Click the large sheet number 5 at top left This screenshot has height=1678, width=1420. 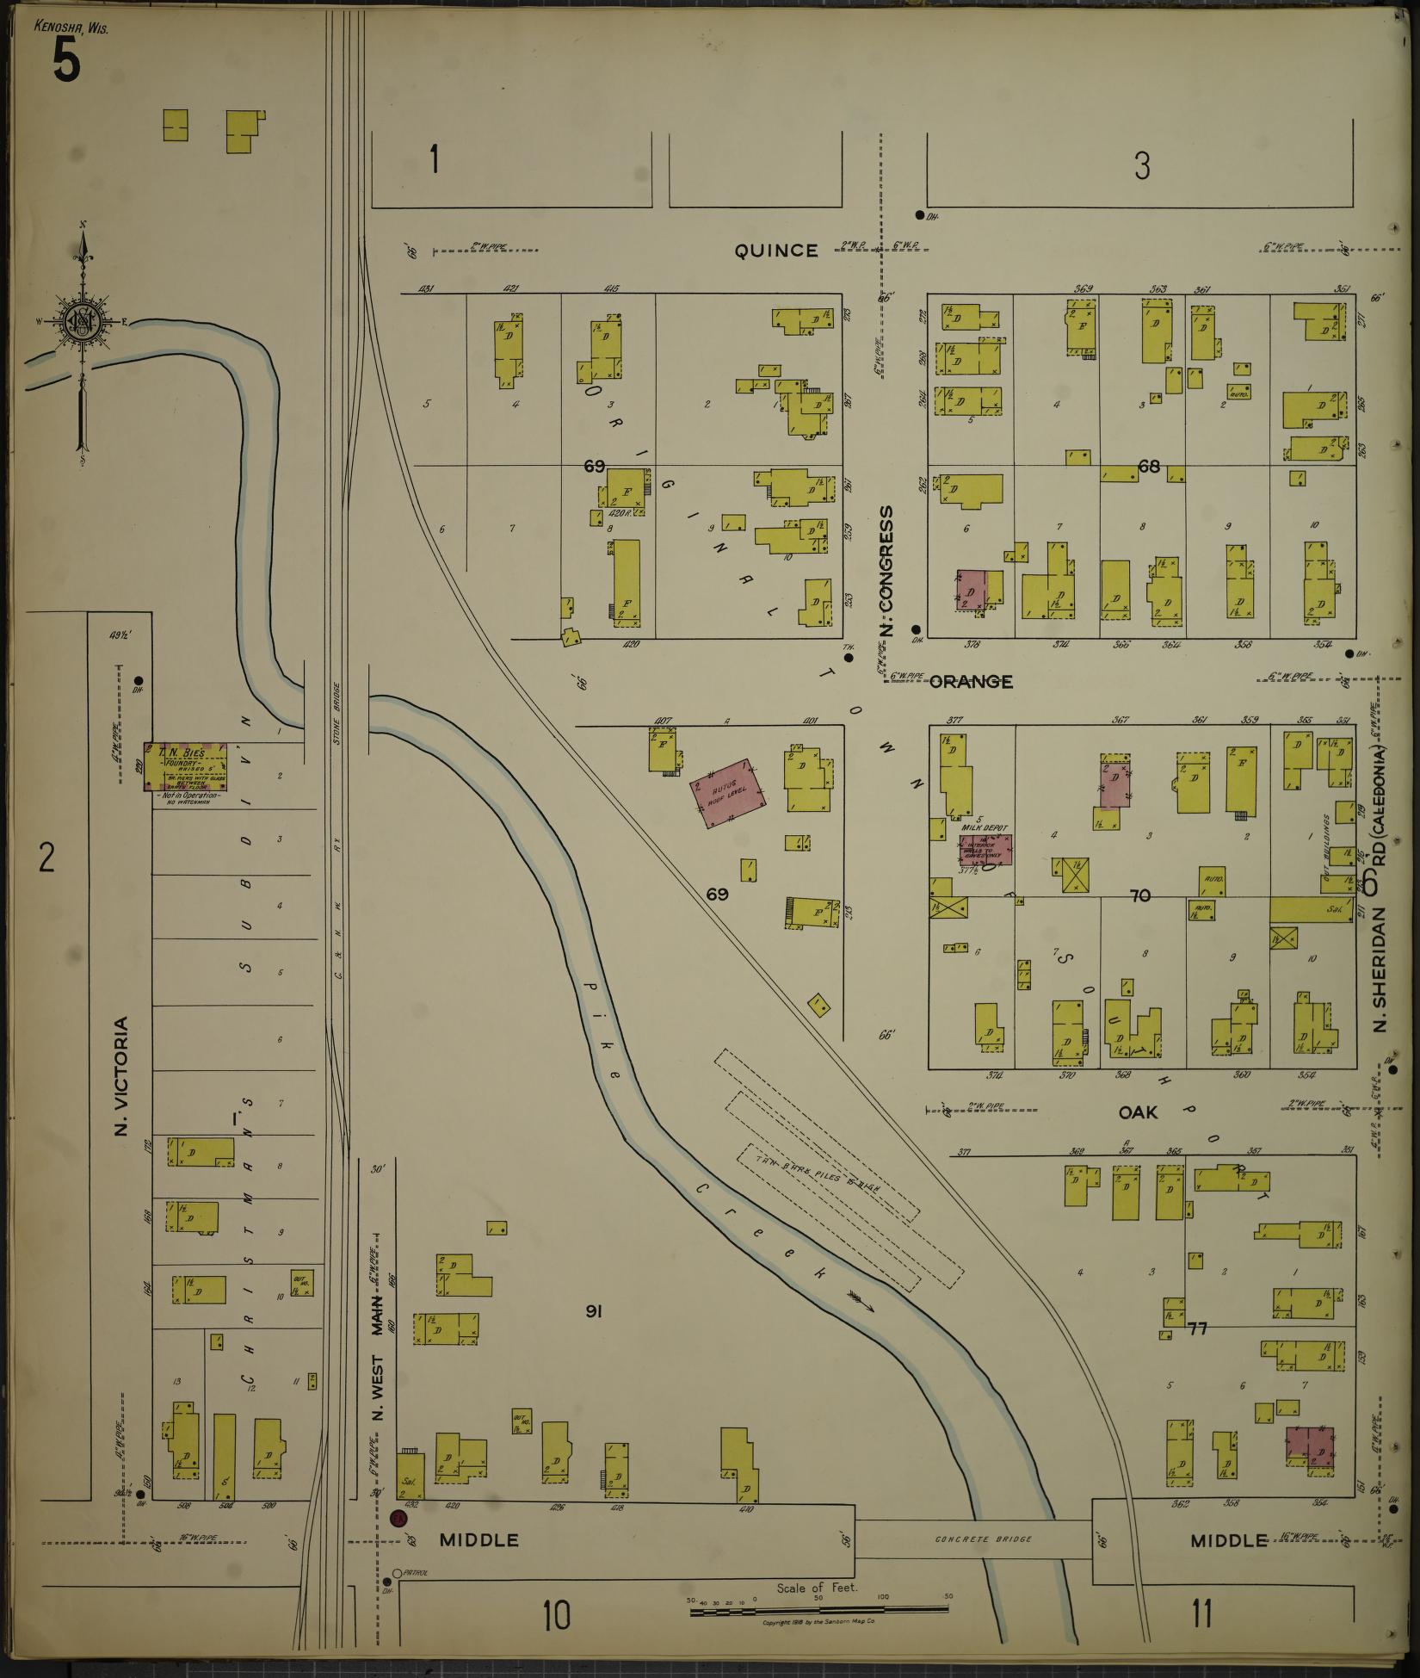pos(66,61)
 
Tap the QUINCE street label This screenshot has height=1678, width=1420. pos(775,251)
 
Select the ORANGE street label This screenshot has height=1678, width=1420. pos(972,682)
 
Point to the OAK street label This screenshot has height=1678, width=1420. pos(1138,1112)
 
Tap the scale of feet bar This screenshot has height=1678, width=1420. pos(819,1607)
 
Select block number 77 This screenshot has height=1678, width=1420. pos(1197,1328)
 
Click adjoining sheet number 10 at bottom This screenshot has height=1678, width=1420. pos(556,1614)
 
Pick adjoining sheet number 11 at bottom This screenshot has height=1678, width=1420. pos(1201,1613)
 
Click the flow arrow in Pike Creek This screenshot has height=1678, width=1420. pos(860,1303)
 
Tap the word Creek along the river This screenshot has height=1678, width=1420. pos(758,1240)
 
